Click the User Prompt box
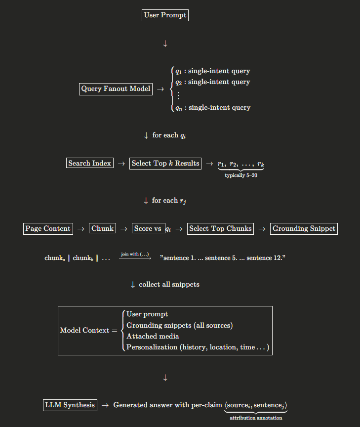click(165, 15)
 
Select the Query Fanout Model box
click(116, 89)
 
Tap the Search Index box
click(90, 163)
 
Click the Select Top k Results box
click(165, 163)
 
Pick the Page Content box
click(48, 228)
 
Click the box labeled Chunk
click(103, 228)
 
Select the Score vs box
click(149, 228)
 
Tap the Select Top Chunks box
click(220, 228)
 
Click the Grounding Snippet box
click(304, 228)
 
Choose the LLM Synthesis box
click(70, 405)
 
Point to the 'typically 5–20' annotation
click(241, 175)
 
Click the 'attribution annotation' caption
click(256, 418)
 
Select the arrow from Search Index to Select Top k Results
click(121, 164)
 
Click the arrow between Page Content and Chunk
click(80, 229)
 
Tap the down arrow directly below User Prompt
click(165, 44)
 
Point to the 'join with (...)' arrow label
click(135, 254)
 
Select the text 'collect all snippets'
click(169, 285)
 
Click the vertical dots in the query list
click(178, 95)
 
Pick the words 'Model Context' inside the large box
click(84, 330)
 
